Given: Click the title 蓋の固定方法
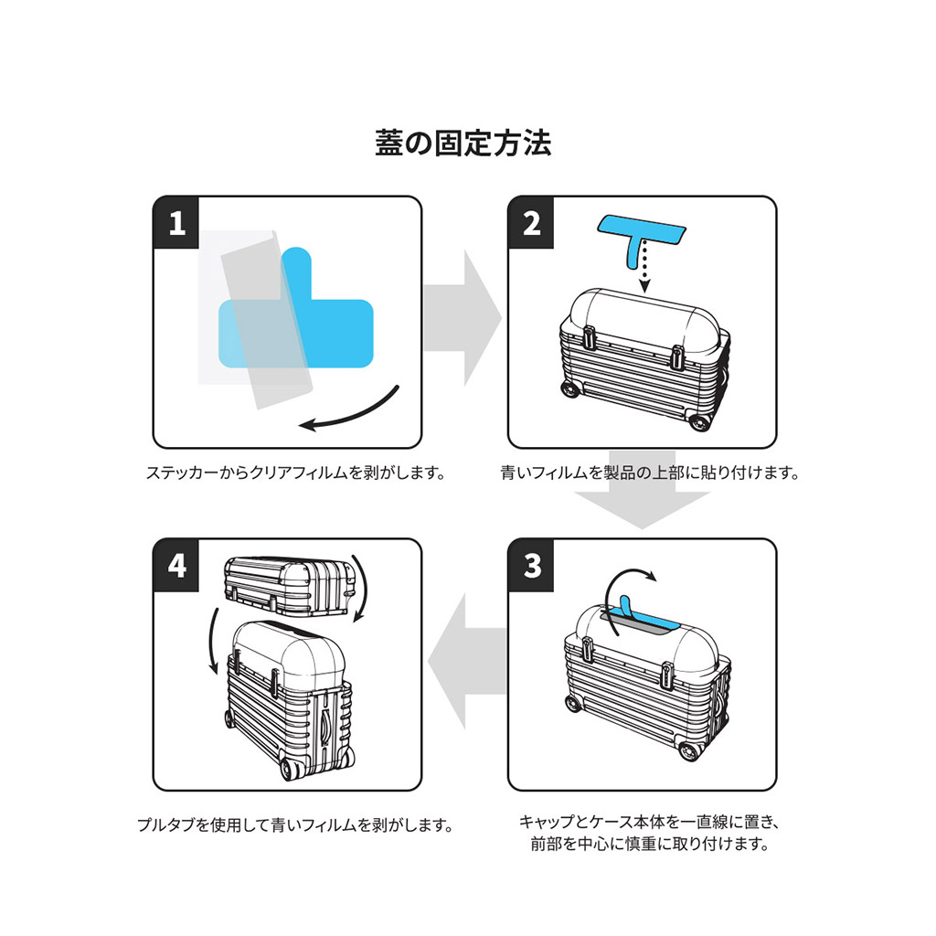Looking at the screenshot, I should (x=463, y=144).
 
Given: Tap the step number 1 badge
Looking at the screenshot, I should (x=176, y=222).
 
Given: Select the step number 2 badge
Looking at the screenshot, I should (x=532, y=222).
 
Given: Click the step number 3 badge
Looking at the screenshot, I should (x=532, y=564).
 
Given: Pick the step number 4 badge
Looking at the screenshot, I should (x=176, y=564).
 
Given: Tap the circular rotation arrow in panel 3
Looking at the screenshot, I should (x=631, y=585).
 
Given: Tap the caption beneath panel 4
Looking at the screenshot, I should (x=295, y=825).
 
